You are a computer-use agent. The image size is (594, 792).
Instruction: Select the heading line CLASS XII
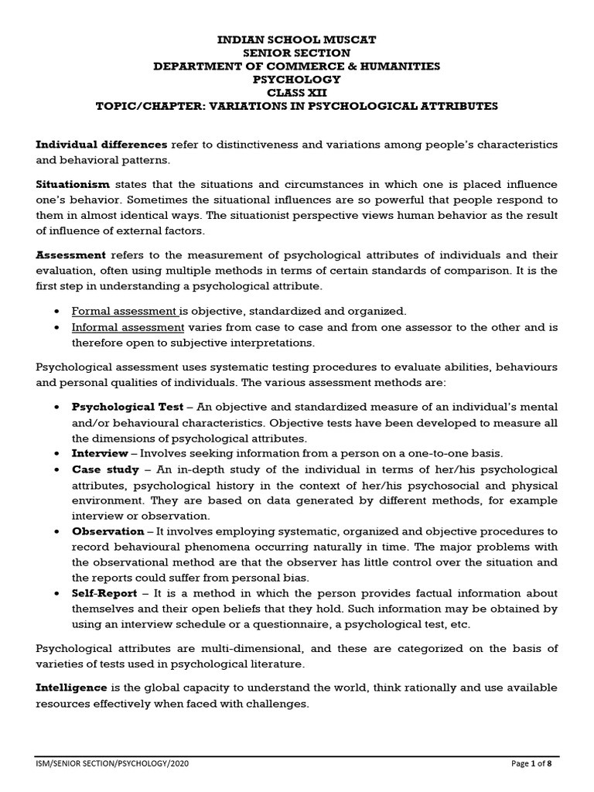[297, 93]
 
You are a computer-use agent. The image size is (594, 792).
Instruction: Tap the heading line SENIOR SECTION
[297, 52]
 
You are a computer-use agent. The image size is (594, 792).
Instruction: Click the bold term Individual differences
[101, 145]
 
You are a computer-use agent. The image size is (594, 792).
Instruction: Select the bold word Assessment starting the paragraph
[71, 254]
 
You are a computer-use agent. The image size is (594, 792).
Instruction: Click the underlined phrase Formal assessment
[125, 311]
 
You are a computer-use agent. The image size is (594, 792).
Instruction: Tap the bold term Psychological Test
[128, 407]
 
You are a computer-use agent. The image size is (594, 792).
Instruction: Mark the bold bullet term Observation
[108, 531]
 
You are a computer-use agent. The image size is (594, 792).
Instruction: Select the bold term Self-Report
[104, 593]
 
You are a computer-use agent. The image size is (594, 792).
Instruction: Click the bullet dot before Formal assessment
[60, 312]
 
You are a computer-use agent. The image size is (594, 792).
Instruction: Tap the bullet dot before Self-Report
[60, 593]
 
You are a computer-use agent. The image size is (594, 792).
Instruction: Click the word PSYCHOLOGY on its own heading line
[297, 79]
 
